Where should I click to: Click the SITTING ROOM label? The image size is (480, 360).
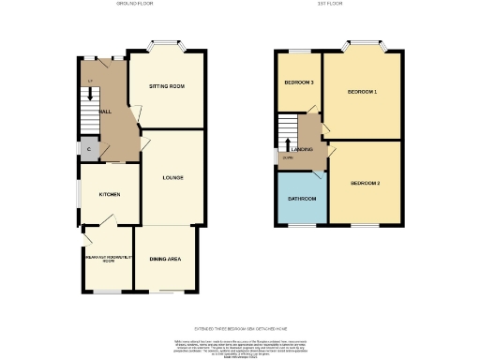[x=167, y=86]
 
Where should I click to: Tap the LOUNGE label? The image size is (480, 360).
[x=172, y=177]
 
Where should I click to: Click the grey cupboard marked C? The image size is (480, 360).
[x=88, y=150]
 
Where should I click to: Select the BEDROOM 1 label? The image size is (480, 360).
[x=362, y=92]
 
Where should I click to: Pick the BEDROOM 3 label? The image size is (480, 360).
[x=299, y=82]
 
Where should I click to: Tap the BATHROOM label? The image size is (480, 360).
[x=301, y=199]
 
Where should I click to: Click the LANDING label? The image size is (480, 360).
[x=302, y=149]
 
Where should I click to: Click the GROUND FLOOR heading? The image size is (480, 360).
[x=134, y=5]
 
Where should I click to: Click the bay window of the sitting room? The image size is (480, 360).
[x=166, y=44]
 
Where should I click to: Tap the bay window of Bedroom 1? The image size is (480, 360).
[x=363, y=43]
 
